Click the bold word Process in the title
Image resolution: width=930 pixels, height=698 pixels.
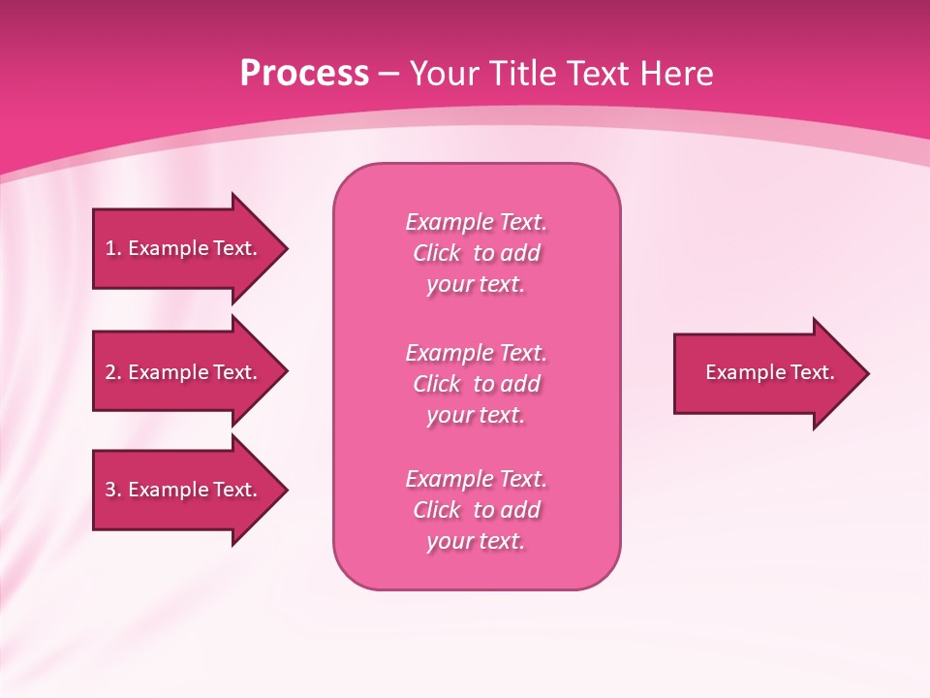(x=304, y=74)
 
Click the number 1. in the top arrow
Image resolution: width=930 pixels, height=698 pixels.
(x=112, y=248)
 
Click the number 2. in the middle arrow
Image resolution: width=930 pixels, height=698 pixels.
(x=112, y=372)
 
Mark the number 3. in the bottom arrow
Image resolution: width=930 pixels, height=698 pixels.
(x=112, y=490)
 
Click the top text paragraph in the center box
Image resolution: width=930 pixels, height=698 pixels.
(x=476, y=252)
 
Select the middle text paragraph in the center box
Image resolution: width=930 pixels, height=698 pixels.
(x=476, y=383)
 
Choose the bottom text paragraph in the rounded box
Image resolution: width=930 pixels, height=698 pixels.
(x=476, y=509)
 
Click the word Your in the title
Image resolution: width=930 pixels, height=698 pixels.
(x=445, y=74)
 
